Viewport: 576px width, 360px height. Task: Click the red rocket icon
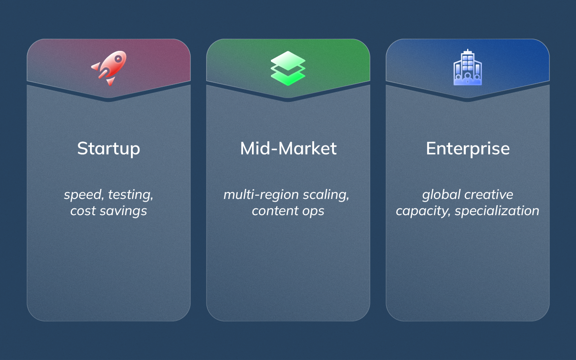(109, 68)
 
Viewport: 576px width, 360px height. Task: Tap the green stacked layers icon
(288, 68)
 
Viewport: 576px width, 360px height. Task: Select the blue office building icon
(468, 67)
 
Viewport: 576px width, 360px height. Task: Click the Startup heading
(108, 148)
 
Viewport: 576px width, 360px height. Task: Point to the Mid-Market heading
(288, 148)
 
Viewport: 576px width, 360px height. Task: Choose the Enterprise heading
(468, 148)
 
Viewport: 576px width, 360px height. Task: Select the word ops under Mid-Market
(313, 211)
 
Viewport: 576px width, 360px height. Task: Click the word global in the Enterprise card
(441, 195)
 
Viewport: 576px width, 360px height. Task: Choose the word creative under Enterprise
(489, 195)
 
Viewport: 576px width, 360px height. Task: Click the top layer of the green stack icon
(288, 58)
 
